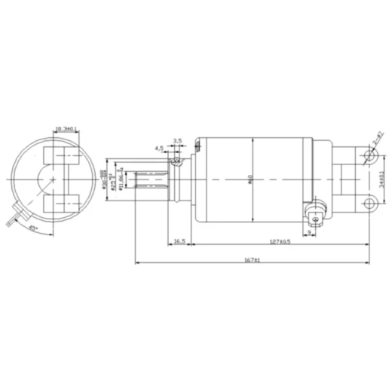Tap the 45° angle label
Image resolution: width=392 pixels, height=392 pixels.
coord(32,226)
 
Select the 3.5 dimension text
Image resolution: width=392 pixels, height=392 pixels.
coord(177,141)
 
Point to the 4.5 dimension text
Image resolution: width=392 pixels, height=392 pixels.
coord(160,149)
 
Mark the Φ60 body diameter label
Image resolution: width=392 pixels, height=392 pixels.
coord(250,179)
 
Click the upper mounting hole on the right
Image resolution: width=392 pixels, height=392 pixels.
coord(369,158)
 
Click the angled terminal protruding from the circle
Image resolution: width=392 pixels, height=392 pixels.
coord(11,219)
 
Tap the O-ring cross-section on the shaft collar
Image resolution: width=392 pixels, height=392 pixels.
coord(176,160)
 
